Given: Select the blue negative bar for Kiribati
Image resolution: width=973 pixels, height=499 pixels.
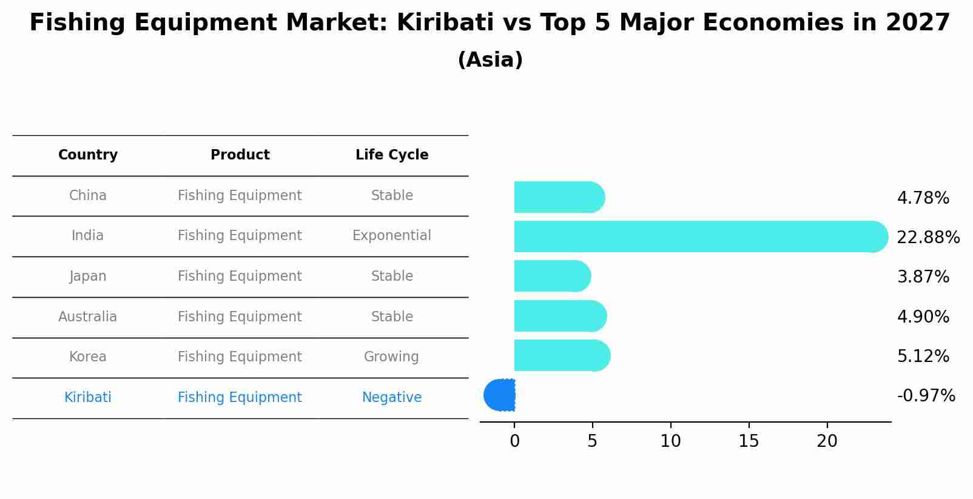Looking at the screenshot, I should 500,395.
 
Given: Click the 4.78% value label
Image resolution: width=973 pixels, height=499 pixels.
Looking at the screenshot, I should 923,198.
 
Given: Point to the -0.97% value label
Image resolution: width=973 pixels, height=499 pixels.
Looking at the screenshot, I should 926,396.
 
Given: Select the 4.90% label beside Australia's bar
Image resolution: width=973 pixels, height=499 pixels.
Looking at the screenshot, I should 923,316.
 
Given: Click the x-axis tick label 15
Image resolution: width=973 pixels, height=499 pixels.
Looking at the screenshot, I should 749,441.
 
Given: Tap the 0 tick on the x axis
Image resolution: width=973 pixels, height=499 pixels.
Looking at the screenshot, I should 514,441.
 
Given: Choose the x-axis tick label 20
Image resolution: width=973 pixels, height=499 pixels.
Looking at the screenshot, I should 827,441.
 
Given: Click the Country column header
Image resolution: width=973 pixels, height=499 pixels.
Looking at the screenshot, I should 88,155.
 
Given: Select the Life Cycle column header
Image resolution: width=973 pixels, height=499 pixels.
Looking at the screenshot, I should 392,155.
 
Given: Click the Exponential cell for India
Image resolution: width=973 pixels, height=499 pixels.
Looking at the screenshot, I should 392,236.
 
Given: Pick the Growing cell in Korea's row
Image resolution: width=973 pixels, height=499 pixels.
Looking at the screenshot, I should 392,357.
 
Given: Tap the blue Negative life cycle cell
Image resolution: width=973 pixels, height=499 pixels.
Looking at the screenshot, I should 392,398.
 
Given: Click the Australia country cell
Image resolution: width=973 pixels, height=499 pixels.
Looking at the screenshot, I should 88,316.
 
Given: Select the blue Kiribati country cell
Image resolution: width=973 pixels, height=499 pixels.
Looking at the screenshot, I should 88,398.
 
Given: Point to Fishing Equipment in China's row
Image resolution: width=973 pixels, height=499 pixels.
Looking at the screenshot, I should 240,196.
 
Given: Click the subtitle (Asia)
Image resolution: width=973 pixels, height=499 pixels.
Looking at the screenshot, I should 490,60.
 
